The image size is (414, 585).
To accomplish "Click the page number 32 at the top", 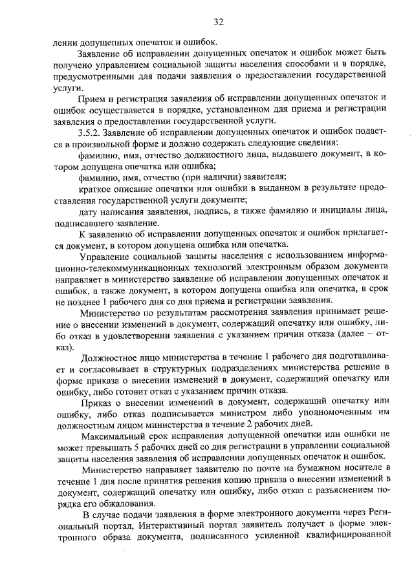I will pos(217,22).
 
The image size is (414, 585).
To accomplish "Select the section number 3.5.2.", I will pos(90,132).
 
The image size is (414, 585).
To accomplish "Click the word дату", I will pos(87,211).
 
